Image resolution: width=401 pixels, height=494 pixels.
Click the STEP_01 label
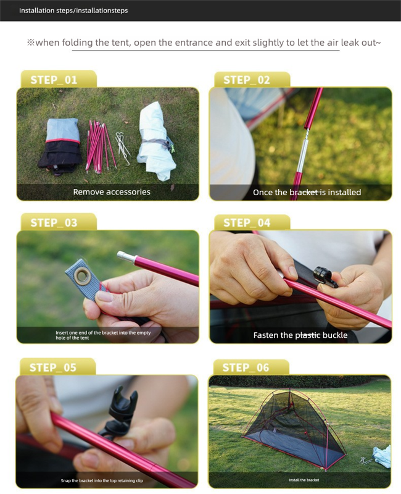(x=54, y=80)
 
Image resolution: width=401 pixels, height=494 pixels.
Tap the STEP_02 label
(x=247, y=80)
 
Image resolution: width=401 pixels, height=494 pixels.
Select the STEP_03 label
(x=54, y=223)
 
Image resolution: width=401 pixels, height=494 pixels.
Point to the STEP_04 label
(x=247, y=223)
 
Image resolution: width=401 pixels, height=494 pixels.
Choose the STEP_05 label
(x=53, y=367)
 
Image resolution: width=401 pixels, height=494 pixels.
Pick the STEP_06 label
(x=246, y=367)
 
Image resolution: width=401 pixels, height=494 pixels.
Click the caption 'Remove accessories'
(x=112, y=192)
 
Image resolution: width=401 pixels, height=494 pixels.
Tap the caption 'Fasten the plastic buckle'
(x=300, y=335)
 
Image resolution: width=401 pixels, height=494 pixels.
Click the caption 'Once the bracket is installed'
(x=307, y=192)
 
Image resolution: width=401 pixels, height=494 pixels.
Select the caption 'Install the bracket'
(x=304, y=480)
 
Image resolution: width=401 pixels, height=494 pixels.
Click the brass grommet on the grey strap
(x=83, y=276)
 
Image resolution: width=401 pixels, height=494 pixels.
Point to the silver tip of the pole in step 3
(x=126, y=256)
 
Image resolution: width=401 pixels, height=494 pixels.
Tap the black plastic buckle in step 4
(x=326, y=277)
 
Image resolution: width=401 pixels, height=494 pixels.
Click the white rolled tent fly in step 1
(x=156, y=141)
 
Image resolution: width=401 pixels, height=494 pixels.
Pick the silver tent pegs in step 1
(x=123, y=148)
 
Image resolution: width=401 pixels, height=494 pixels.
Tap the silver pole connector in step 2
(x=302, y=150)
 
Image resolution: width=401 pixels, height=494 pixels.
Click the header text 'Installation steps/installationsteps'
(x=73, y=10)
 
